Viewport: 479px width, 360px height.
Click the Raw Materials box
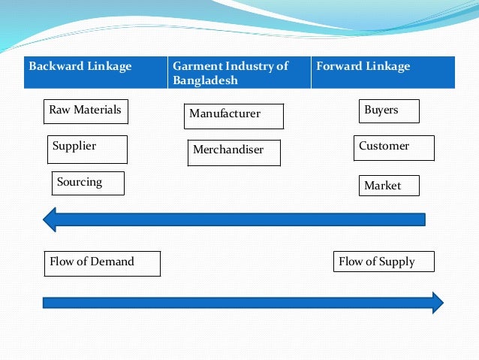pyautogui.click(x=86, y=111)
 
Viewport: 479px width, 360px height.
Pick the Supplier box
pyautogui.click(x=88, y=149)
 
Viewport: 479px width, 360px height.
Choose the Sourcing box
pyautogui.click(x=88, y=183)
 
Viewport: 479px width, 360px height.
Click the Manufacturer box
pyautogui.click(x=233, y=116)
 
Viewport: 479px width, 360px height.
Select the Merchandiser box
pyautogui.click(x=234, y=152)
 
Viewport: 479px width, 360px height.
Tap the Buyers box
pyautogui.click(x=389, y=111)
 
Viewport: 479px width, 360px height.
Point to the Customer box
pyautogui.click(x=393, y=147)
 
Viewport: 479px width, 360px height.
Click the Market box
pyautogui.click(x=389, y=186)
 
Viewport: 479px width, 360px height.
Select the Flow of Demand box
pyautogui.click(x=102, y=263)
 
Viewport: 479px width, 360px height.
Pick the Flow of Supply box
pyautogui.click(x=384, y=262)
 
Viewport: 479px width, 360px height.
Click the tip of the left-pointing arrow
pyautogui.click(x=45, y=219)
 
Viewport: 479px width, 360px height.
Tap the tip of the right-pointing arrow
pyautogui.click(x=442, y=303)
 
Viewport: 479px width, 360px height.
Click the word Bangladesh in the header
pyautogui.click(x=206, y=80)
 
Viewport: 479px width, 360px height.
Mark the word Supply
pyautogui.click(x=397, y=262)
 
